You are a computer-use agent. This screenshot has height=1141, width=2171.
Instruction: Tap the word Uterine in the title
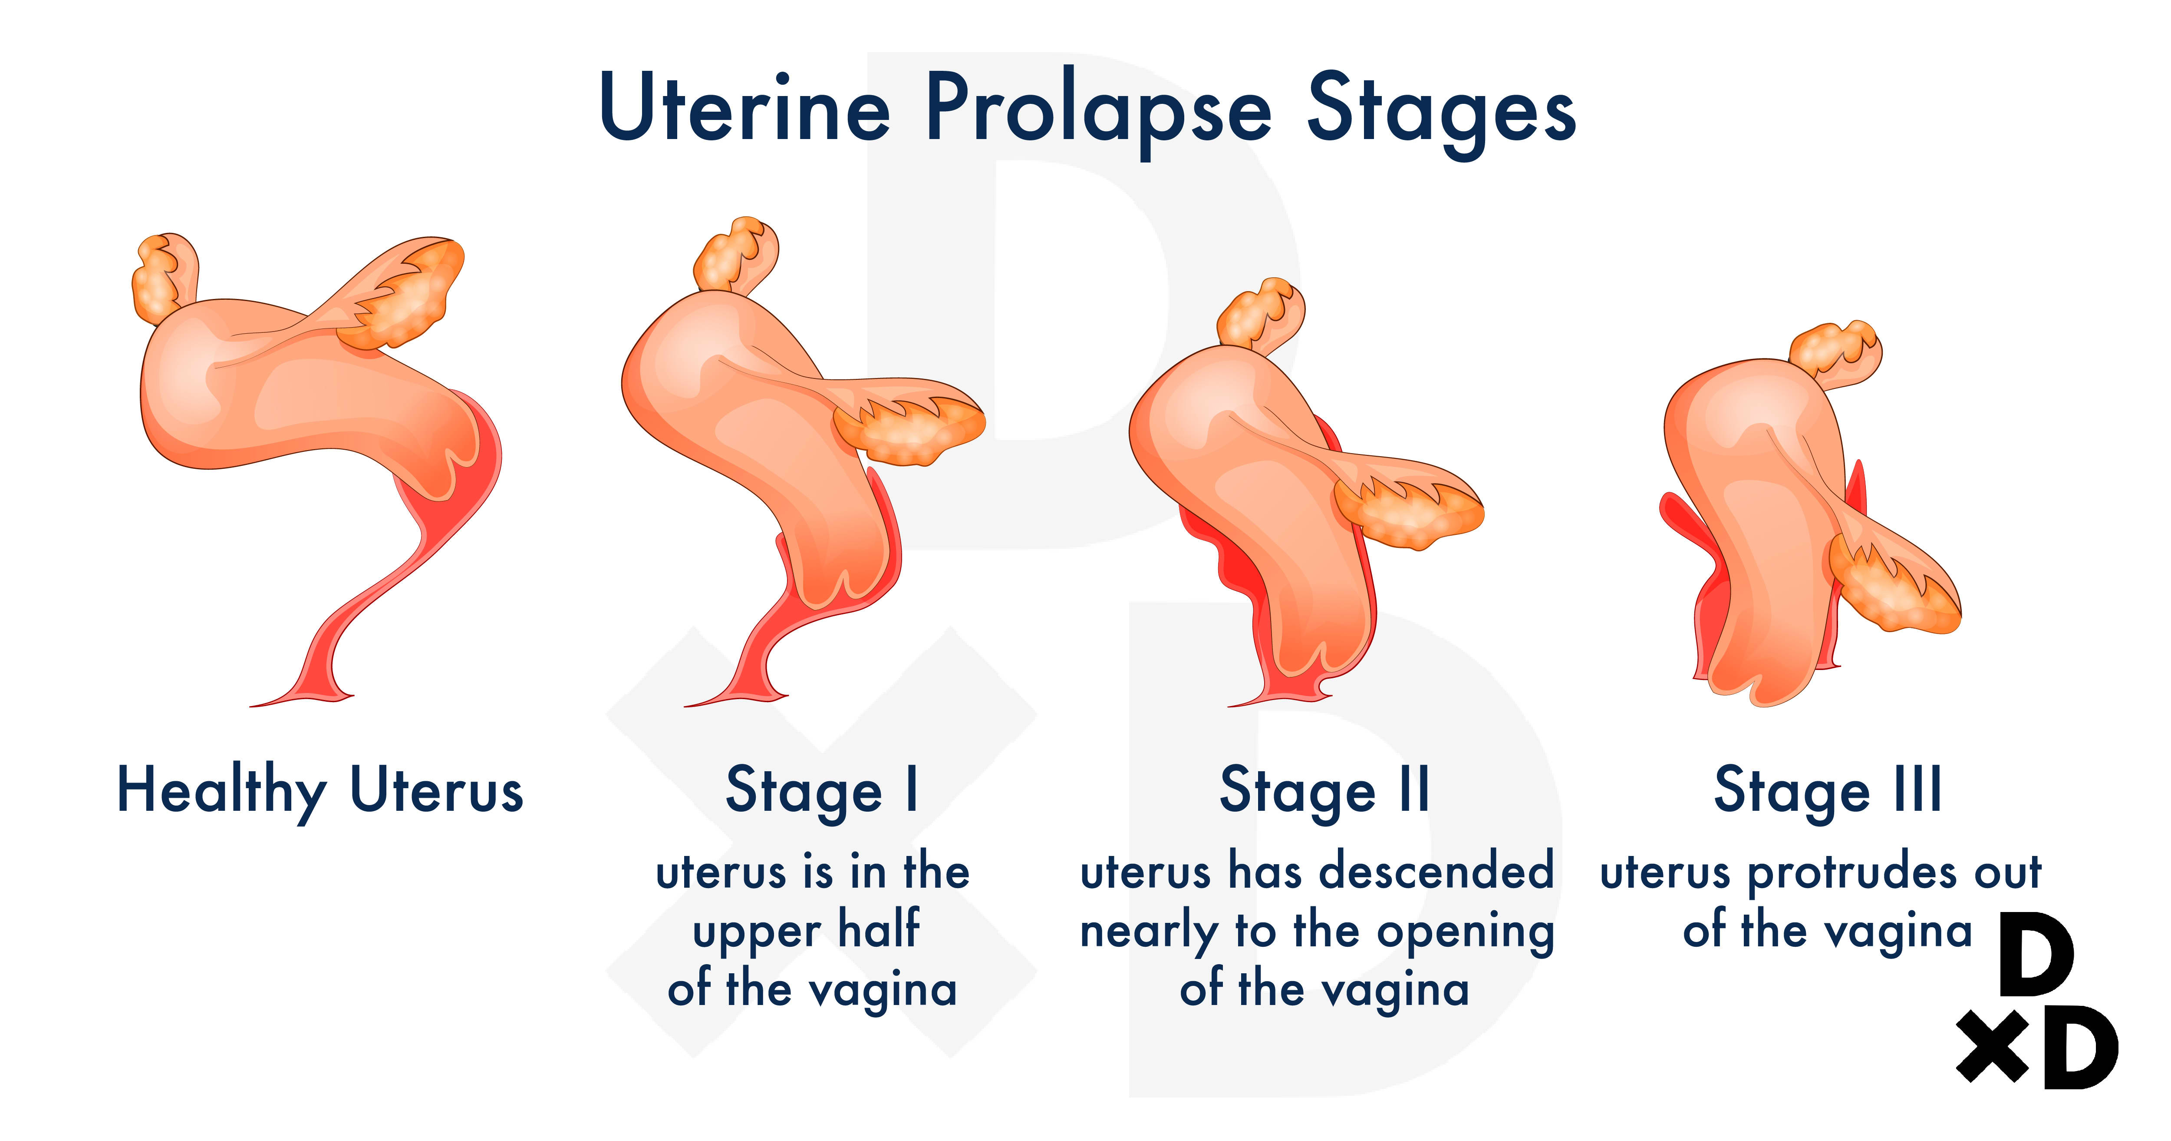(x=745, y=107)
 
